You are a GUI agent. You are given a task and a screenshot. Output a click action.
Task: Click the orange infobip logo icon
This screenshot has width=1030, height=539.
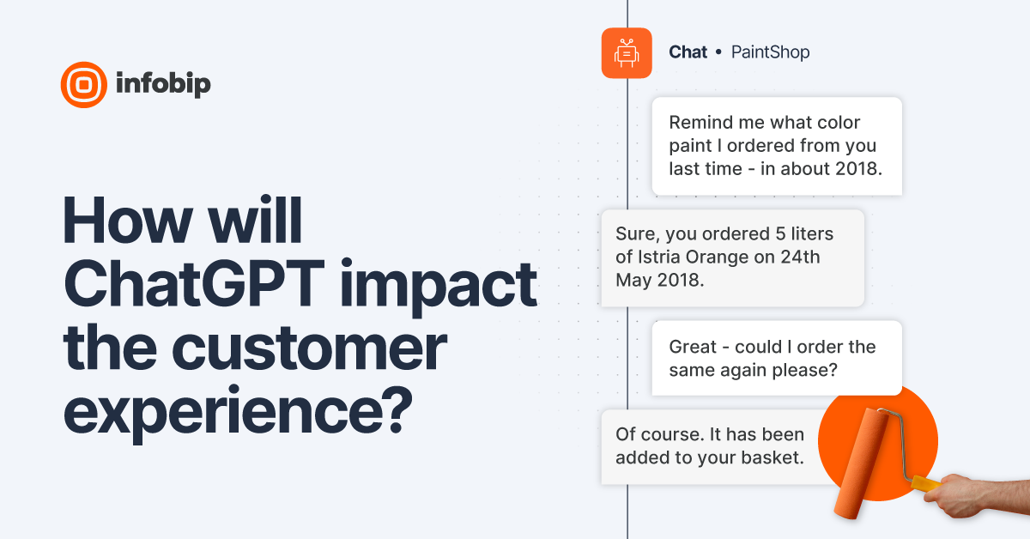tap(83, 84)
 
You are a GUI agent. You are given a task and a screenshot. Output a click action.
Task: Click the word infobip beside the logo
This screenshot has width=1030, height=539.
tap(162, 84)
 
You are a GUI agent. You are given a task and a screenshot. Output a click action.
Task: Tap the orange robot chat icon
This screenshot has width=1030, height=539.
tap(627, 53)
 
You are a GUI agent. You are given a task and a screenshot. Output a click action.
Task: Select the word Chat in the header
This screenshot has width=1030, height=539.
tap(688, 52)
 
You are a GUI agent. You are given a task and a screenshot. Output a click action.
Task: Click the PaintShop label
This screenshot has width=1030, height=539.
tap(770, 52)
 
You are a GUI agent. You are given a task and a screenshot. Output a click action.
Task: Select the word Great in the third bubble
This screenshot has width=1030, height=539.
tap(692, 347)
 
